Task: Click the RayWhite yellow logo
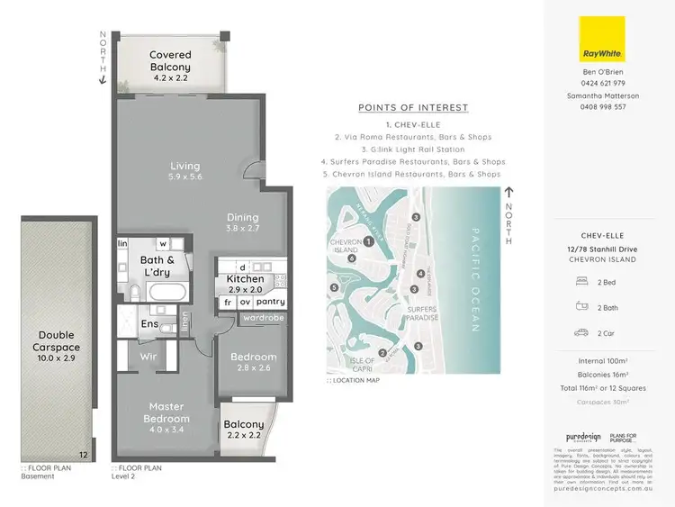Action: pos(602,42)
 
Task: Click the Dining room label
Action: pos(242,217)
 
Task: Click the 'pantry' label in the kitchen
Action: pos(270,303)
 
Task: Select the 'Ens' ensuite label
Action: pos(149,324)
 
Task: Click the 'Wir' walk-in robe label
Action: pos(148,357)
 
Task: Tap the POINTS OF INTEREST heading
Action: pos(413,108)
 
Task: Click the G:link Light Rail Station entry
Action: pos(413,149)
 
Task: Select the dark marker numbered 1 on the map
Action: pos(369,240)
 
